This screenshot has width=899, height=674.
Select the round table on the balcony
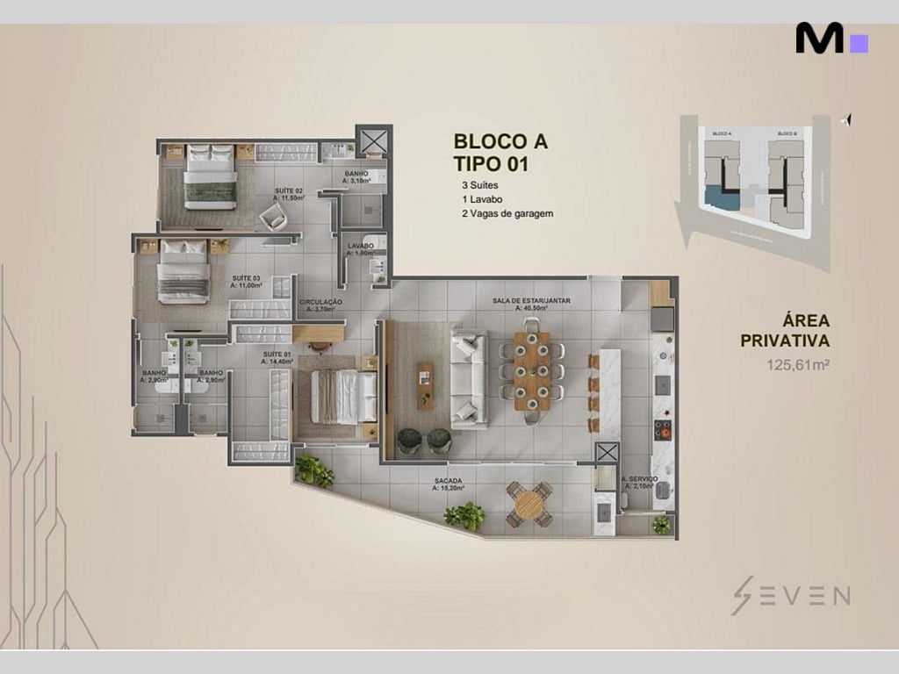click(x=529, y=504)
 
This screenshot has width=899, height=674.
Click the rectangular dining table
click(x=531, y=370)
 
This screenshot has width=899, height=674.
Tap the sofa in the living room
click(x=468, y=379)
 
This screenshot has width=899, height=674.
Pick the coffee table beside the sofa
click(x=425, y=385)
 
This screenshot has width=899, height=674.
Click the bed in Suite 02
click(x=211, y=178)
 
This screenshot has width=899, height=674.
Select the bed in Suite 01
click(x=338, y=397)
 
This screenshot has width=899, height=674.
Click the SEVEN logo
click(x=791, y=596)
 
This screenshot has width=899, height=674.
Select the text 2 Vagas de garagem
click(x=507, y=213)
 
